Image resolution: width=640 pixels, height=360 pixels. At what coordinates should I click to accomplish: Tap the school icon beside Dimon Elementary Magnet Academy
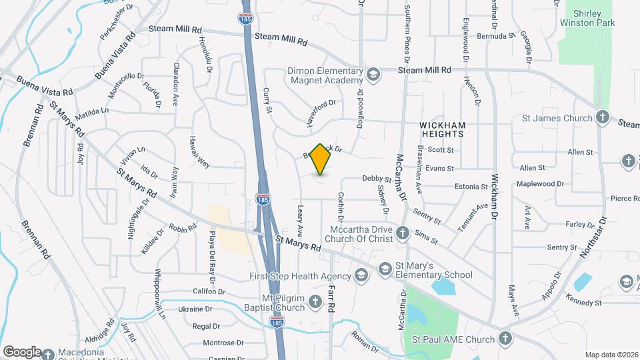373,73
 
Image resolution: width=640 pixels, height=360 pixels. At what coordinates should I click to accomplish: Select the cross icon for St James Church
602,118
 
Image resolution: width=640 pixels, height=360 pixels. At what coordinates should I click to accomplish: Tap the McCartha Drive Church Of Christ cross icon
403,233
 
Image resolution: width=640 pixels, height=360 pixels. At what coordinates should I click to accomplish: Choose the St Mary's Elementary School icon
385,269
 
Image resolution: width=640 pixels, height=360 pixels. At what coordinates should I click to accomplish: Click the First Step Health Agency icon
361,276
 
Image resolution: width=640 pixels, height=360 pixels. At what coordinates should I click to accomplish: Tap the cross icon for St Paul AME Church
506,339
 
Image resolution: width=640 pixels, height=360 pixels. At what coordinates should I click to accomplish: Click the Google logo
21,351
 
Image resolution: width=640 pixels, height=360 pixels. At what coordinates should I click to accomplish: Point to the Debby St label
377,179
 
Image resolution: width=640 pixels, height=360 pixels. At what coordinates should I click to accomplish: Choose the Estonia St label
472,187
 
